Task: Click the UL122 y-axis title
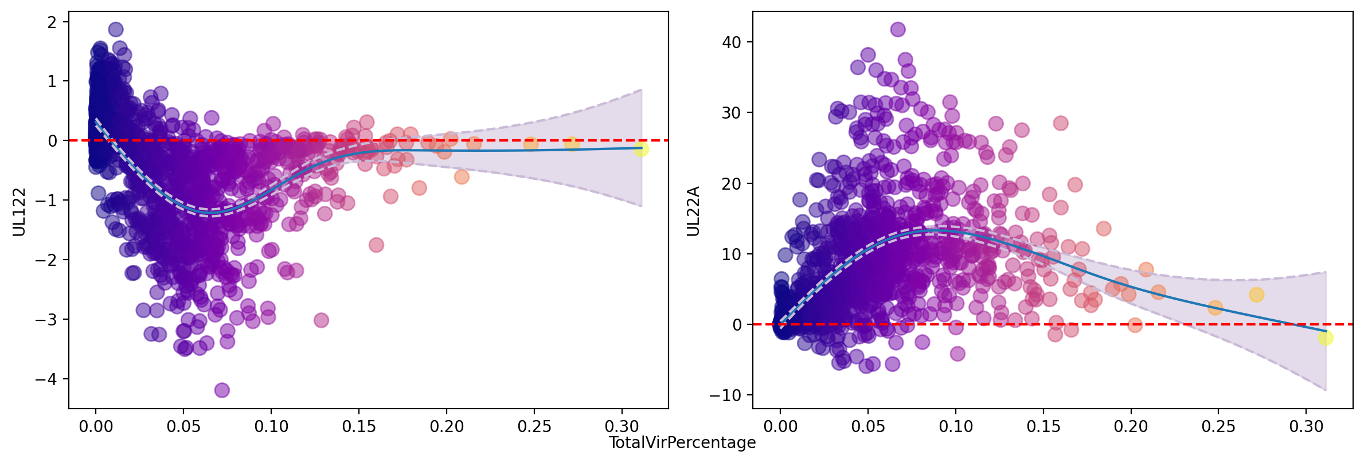[x=19, y=211]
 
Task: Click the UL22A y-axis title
[x=693, y=211]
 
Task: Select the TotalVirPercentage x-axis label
[x=682, y=442]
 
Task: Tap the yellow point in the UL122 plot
[x=641, y=149]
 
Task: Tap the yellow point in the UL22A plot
[x=1326, y=338]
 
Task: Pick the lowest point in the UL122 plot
[x=222, y=390]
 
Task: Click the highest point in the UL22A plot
[x=898, y=29]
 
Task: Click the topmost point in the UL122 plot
[x=116, y=29]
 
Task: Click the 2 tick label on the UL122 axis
[x=53, y=22]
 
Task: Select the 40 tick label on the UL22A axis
[x=732, y=42]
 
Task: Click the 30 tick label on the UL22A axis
[x=732, y=113]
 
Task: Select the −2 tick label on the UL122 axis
[x=46, y=260]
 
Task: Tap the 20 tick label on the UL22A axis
[x=732, y=183]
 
